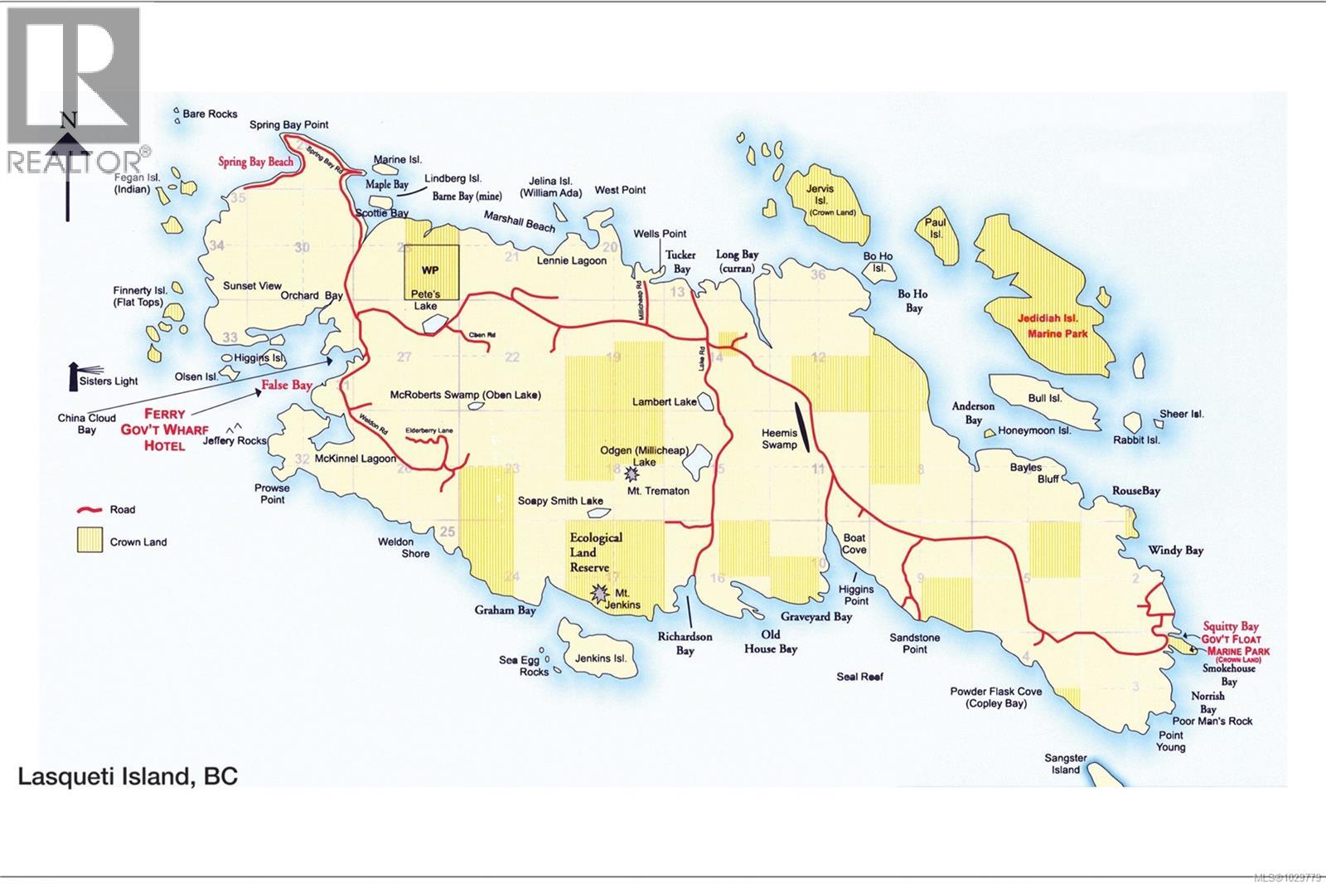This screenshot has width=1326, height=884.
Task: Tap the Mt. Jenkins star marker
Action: click(x=598, y=593)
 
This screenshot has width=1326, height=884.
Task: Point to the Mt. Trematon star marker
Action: click(x=632, y=474)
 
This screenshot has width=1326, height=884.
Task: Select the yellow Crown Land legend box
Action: click(x=89, y=541)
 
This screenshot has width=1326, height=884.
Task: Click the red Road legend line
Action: click(x=89, y=509)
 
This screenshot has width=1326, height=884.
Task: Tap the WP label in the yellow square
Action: click(x=430, y=270)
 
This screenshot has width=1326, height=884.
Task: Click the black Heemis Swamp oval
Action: click(x=799, y=425)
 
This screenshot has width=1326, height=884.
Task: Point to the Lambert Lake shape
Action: click(x=707, y=401)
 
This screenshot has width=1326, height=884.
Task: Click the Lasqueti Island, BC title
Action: click(x=128, y=777)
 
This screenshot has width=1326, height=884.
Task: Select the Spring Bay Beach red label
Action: click(x=256, y=162)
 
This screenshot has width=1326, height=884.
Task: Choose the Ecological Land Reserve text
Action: click(x=595, y=552)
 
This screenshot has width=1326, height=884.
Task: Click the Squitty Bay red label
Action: click(x=1231, y=627)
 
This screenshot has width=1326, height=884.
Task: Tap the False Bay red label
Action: click(x=287, y=385)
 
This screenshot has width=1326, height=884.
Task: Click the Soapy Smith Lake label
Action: click(x=560, y=501)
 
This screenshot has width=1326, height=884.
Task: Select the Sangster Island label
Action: click(x=1065, y=764)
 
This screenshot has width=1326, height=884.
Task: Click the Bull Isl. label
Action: click(x=1044, y=398)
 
